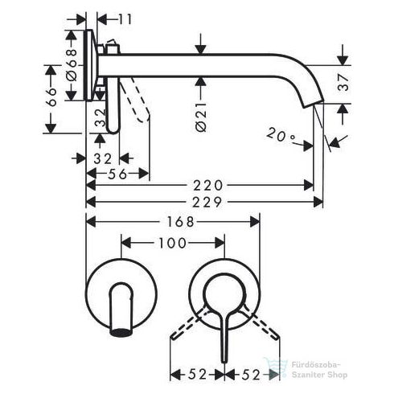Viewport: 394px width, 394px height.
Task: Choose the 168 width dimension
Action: tap(175, 220)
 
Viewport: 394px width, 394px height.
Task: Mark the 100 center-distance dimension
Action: tap(172, 242)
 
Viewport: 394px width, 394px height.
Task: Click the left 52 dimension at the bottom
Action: tap(194, 374)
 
